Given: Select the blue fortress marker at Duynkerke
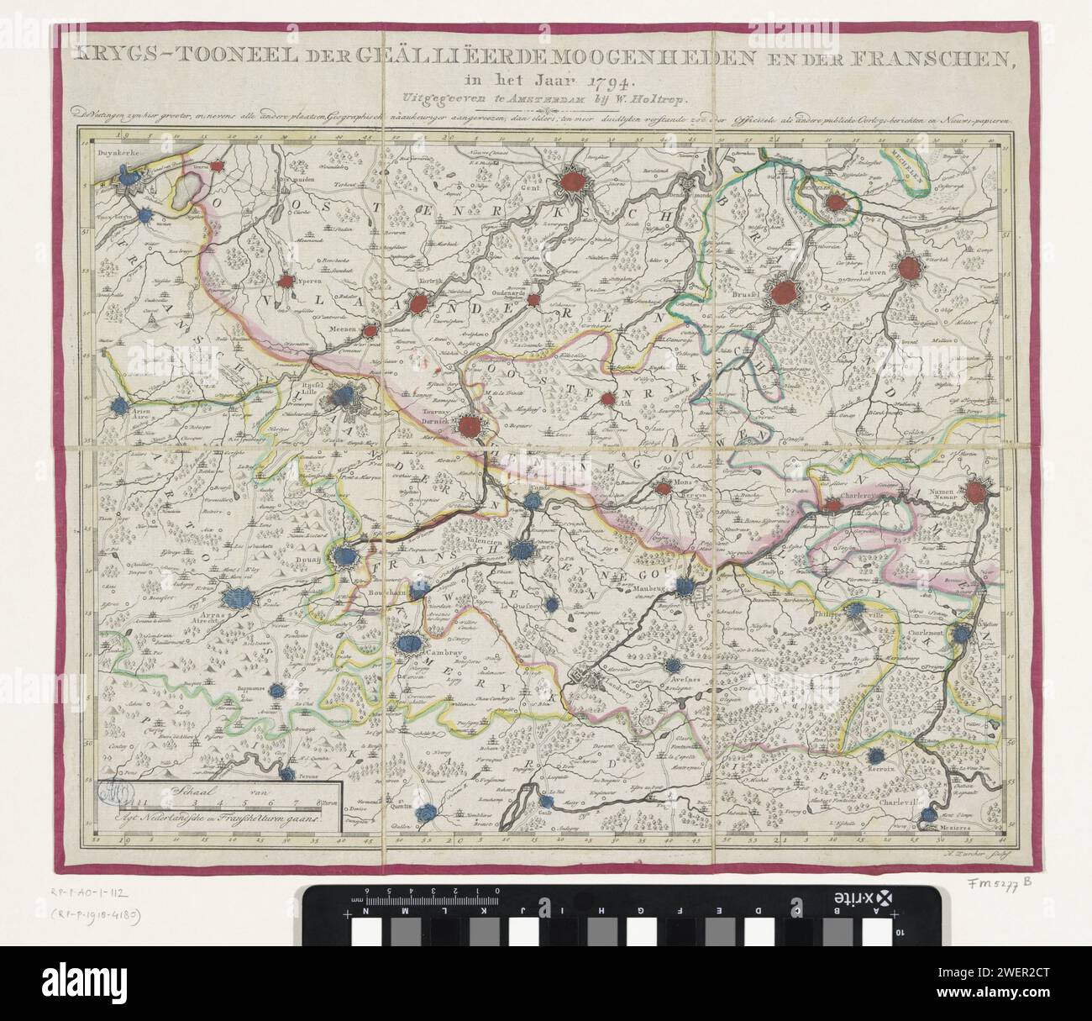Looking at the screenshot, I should click(x=128, y=177).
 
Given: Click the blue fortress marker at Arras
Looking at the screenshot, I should click(x=236, y=599).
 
